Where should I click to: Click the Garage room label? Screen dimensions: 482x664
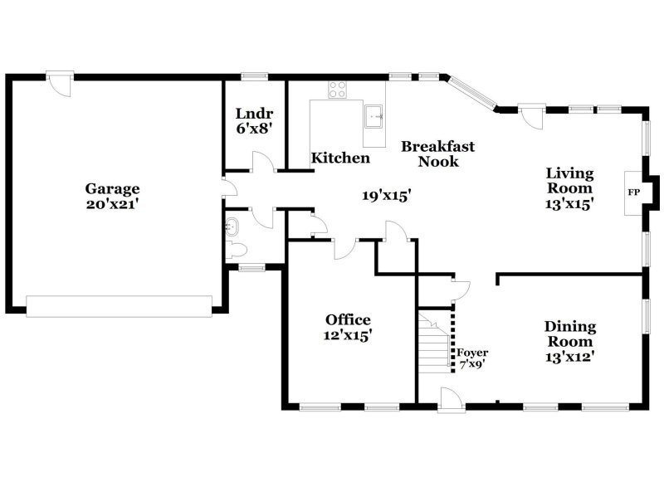[x=111, y=188]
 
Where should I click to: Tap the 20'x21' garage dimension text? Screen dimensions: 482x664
[x=111, y=203]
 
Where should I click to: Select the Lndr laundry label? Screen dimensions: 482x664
[x=254, y=114]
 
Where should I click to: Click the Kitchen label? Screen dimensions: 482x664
[x=340, y=158]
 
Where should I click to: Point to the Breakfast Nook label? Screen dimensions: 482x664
[x=438, y=153]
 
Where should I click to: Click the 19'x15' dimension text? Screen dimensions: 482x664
[x=387, y=196]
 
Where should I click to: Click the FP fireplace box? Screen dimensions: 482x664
[x=634, y=193]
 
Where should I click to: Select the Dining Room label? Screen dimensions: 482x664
[x=569, y=334]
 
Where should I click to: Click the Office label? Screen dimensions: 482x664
[x=348, y=319]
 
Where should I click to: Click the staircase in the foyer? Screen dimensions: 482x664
[x=435, y=341]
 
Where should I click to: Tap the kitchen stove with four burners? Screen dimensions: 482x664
[x=337, y=90]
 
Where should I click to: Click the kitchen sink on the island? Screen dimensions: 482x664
[x=375, y=115]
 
